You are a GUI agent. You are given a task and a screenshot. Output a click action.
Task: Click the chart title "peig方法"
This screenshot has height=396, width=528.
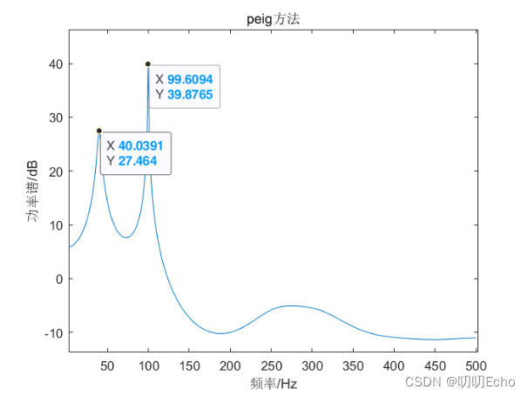point(273,18)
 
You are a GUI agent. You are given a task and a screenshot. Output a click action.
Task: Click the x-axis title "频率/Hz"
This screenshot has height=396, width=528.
point(273,382)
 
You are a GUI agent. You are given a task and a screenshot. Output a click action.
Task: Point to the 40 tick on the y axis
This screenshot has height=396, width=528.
point(55,64)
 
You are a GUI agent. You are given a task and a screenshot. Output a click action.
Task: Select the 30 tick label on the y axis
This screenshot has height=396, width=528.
point(55,117)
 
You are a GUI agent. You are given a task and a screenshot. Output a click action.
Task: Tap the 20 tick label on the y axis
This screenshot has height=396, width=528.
point(55,171)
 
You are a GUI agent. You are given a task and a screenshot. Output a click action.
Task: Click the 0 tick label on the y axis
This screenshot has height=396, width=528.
point(58,279)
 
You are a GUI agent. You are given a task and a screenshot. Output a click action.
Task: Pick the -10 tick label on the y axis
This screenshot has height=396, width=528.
point(52,332)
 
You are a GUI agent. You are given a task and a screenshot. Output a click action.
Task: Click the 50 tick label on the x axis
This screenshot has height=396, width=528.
point(108,365)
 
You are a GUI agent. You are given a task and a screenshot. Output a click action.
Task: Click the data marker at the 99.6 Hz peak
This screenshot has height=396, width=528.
point(148,64)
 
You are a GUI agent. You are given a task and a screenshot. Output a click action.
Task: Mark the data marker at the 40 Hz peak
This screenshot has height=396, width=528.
point(99,131)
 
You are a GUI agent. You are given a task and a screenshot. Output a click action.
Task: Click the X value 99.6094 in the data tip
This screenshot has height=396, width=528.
point(190,79)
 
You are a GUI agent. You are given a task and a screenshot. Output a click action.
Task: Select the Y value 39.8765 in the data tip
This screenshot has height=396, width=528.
point(190,94)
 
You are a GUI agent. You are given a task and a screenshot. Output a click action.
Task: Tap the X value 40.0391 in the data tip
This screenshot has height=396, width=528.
point(141,145)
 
